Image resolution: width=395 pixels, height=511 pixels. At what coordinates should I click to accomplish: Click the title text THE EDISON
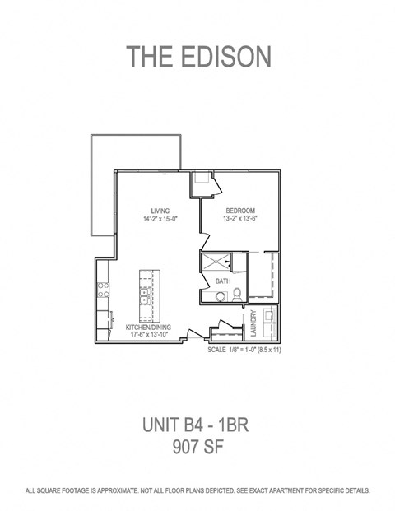[x=197, y=56]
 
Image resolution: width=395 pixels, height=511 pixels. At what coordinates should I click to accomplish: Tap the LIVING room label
[x=160, y=211]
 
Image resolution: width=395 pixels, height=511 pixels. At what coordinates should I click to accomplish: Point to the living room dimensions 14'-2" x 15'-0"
[x=160, y=220]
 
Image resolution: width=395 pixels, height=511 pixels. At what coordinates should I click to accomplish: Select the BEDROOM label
[x=241, y=211]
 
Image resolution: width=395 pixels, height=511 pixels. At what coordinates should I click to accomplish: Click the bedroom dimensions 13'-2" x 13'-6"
[x=241, y=220]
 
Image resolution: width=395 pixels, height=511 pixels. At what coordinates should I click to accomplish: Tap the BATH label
[x=222, y=281]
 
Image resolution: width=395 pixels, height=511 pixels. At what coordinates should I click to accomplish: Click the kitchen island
[x=146, y=296]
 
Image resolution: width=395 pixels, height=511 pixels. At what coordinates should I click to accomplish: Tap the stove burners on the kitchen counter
[x=104, y=290]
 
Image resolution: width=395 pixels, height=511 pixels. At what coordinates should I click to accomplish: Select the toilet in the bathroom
[x=235, y=295]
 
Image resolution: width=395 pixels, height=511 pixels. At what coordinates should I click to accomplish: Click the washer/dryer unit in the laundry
[x=270, y=319]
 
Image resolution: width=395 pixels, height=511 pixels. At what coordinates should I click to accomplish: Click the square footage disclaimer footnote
[x=197, y=490]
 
